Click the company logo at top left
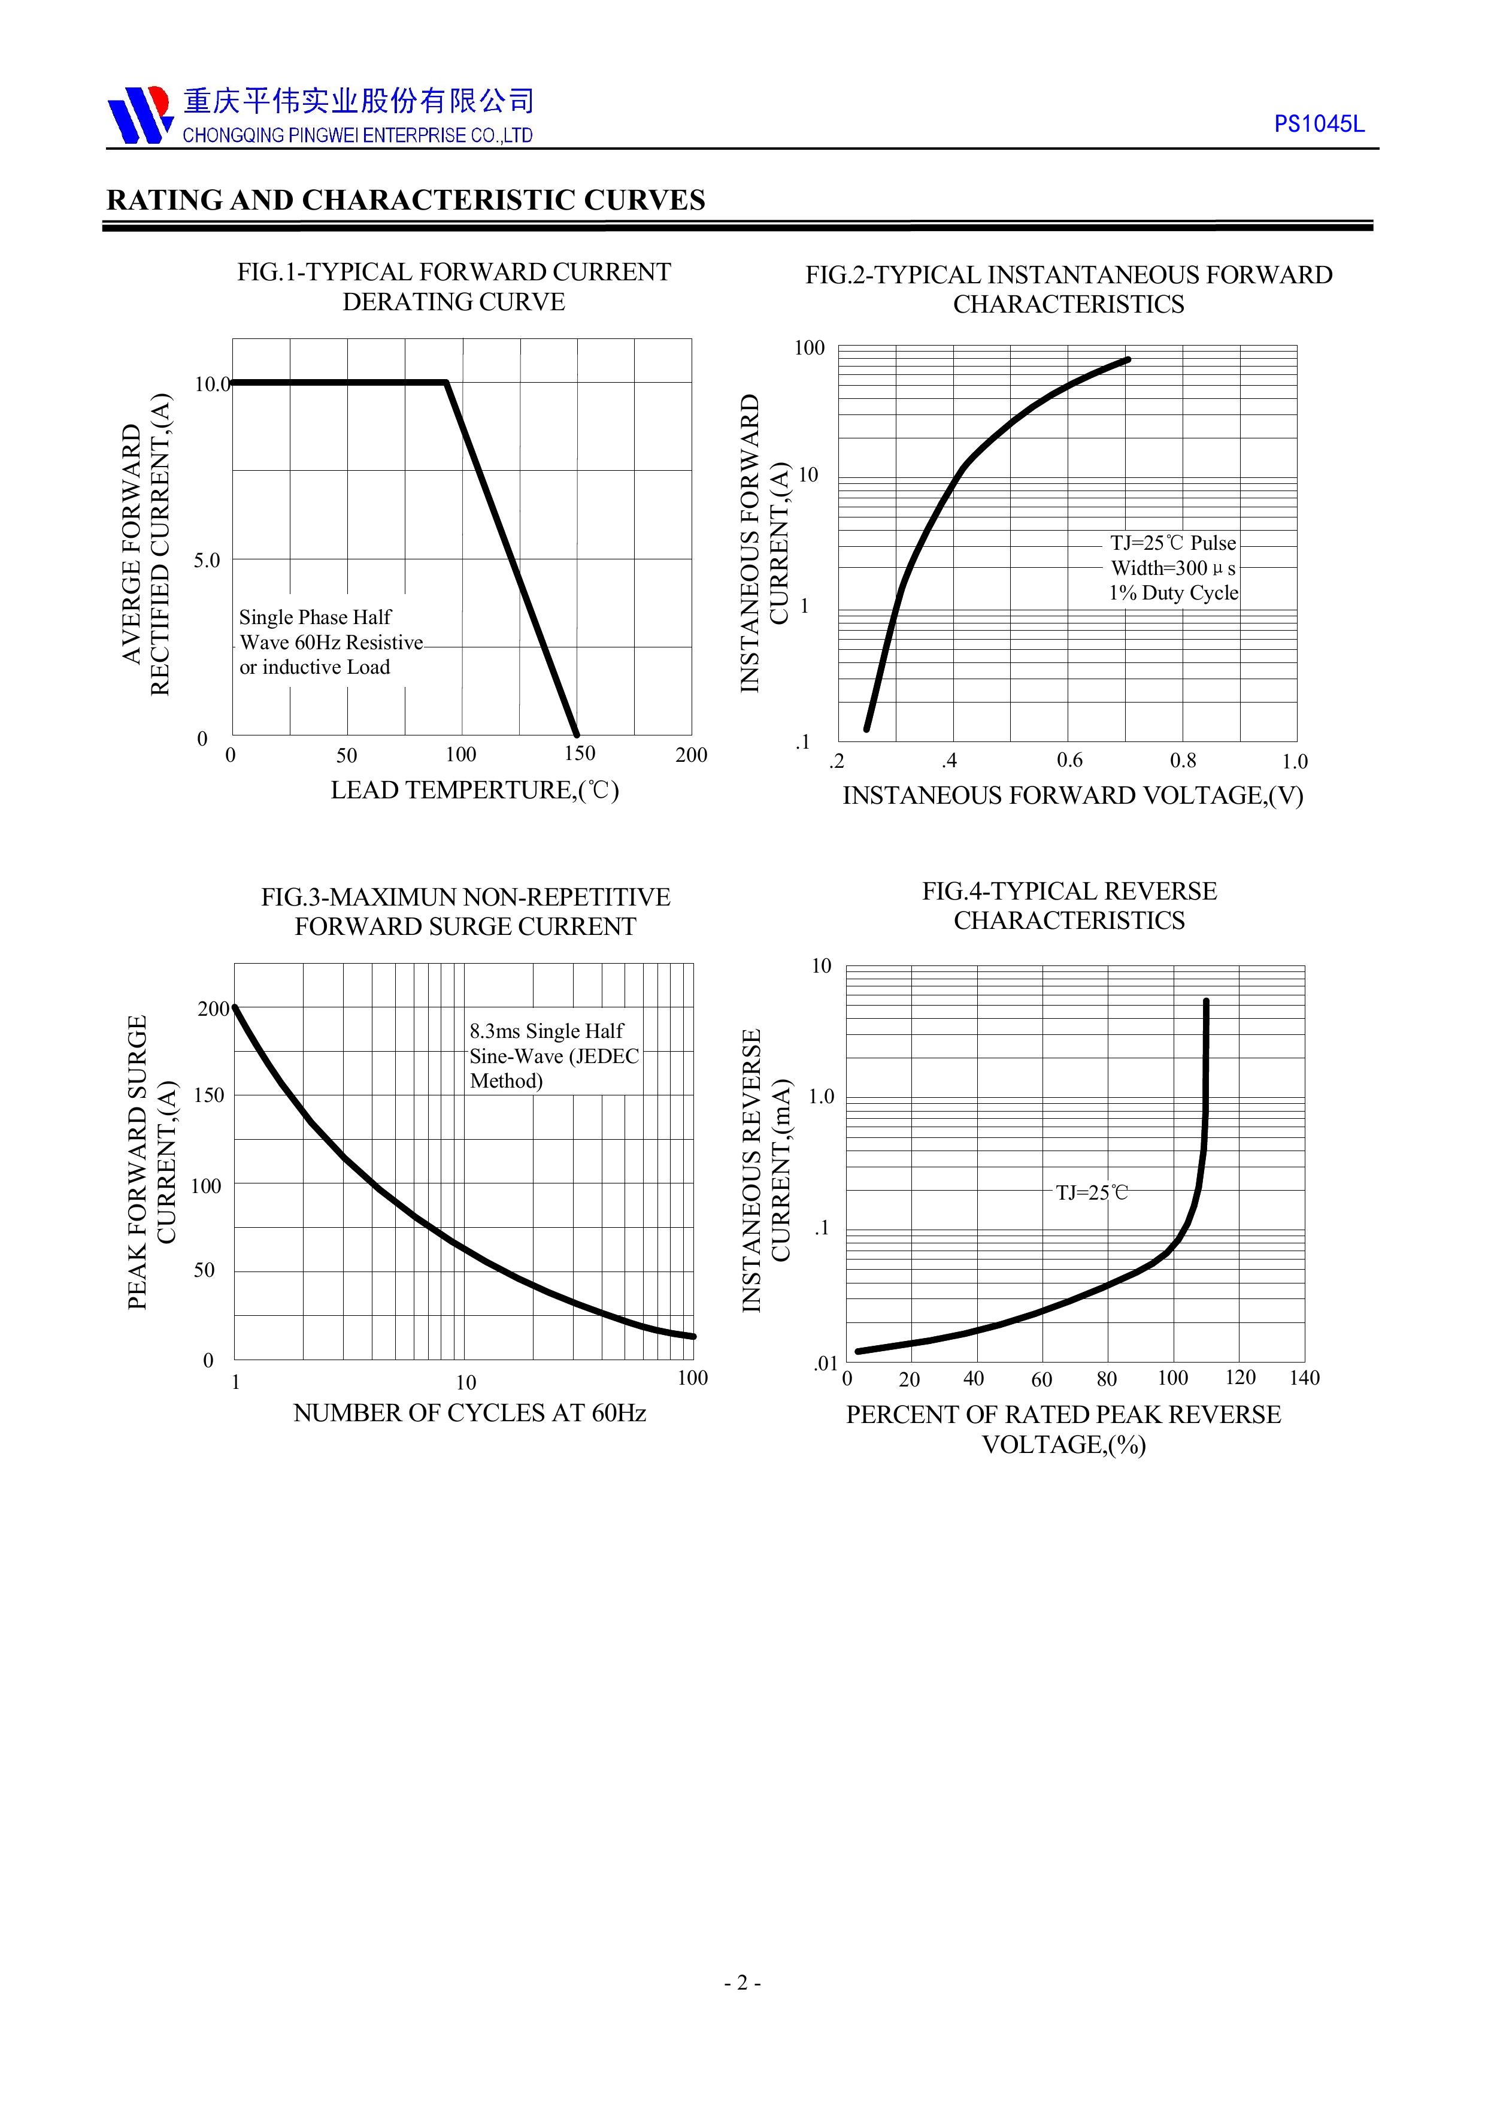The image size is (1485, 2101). pos(139,116)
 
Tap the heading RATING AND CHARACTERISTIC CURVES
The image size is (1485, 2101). pos(405,201)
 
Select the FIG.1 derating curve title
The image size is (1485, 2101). pos(454,286)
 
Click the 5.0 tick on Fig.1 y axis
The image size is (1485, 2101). pos(207,560)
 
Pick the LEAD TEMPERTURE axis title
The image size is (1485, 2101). pos(475,790)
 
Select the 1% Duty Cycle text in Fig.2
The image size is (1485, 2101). pos(1173,593)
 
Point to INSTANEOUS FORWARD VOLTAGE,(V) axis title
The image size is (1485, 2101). pos(1072,795)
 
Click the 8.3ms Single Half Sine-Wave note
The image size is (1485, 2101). pos(553,1056)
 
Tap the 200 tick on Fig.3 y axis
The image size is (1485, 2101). pos(213,1009)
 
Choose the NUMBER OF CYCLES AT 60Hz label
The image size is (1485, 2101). pos(469,1414)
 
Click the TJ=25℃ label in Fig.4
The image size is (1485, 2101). pos(1092,1192)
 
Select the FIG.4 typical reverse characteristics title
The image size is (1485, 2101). pos(1069,905)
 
